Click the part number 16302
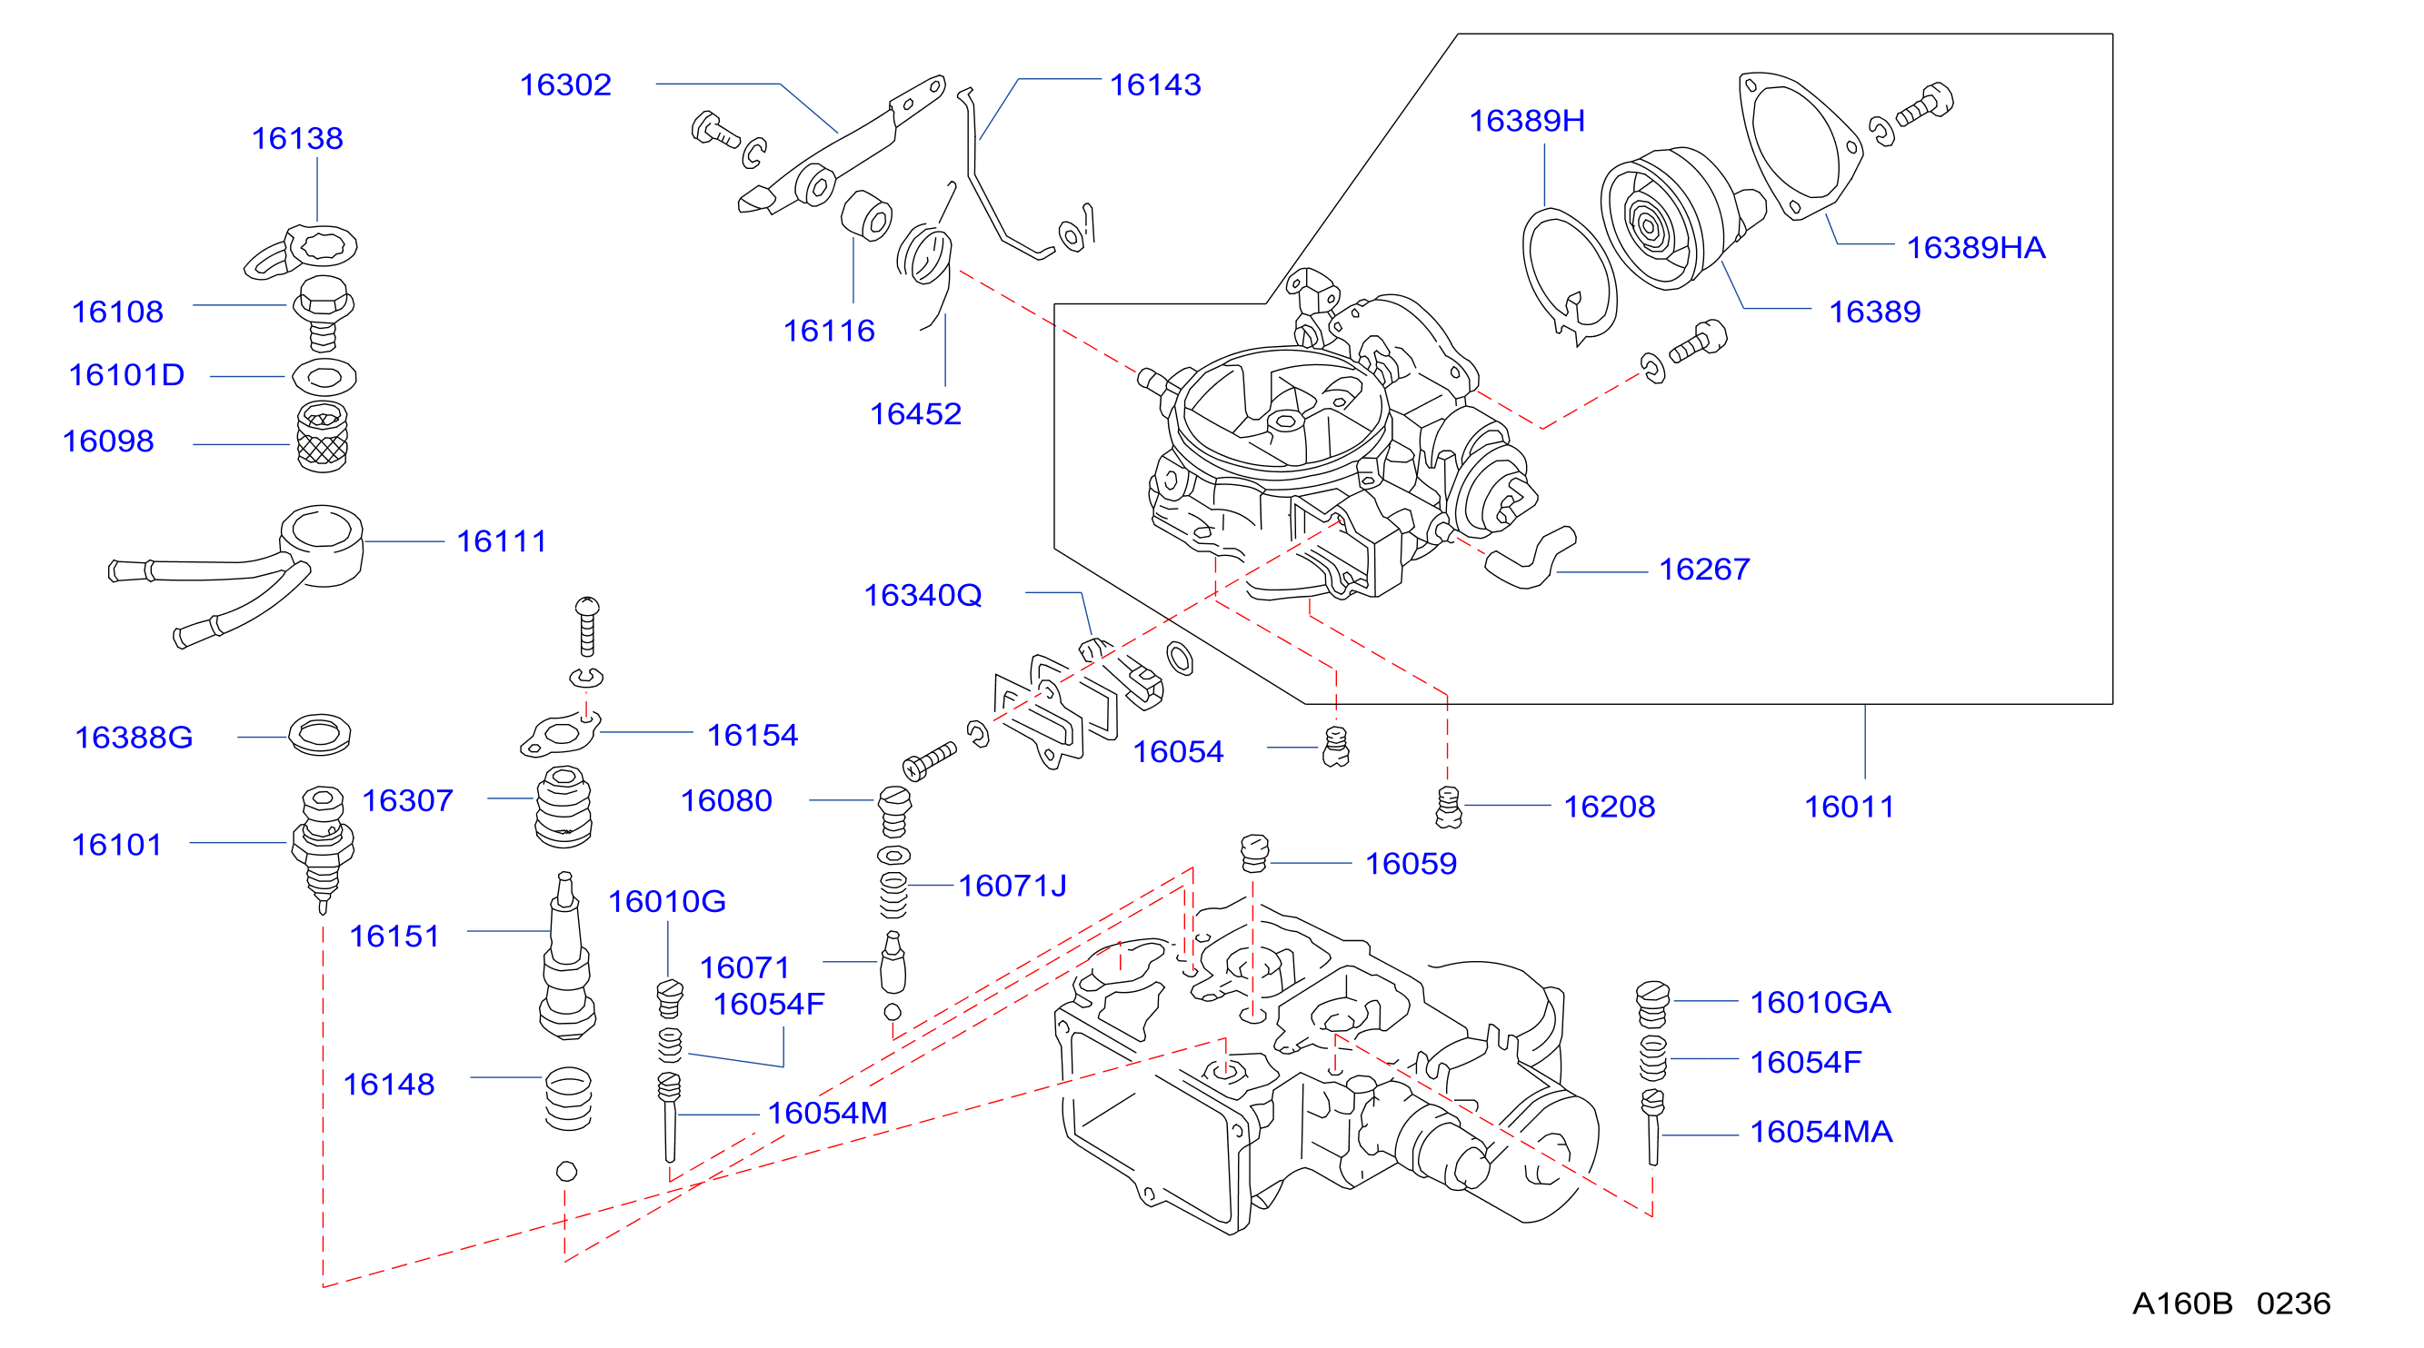pyautogui.click(x=565, y=84)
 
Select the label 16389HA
pyautogui.click(x=1975, y=247)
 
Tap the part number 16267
pyautogui.click(x=1704, y=570)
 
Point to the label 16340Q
pyautogui.click(x=923, y=594)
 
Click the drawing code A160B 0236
pyautogui.click(x=2231, y=1303)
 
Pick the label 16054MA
pyautogui.click(x=1820, y=1132)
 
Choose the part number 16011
pyautogui.click(x=1849, y=807)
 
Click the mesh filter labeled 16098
pyautogui.click(x=322, y=438)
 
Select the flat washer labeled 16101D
pyautogui.click(x=324, y=377)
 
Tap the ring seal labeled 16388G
pyautogui.click(x=320, y=735)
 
